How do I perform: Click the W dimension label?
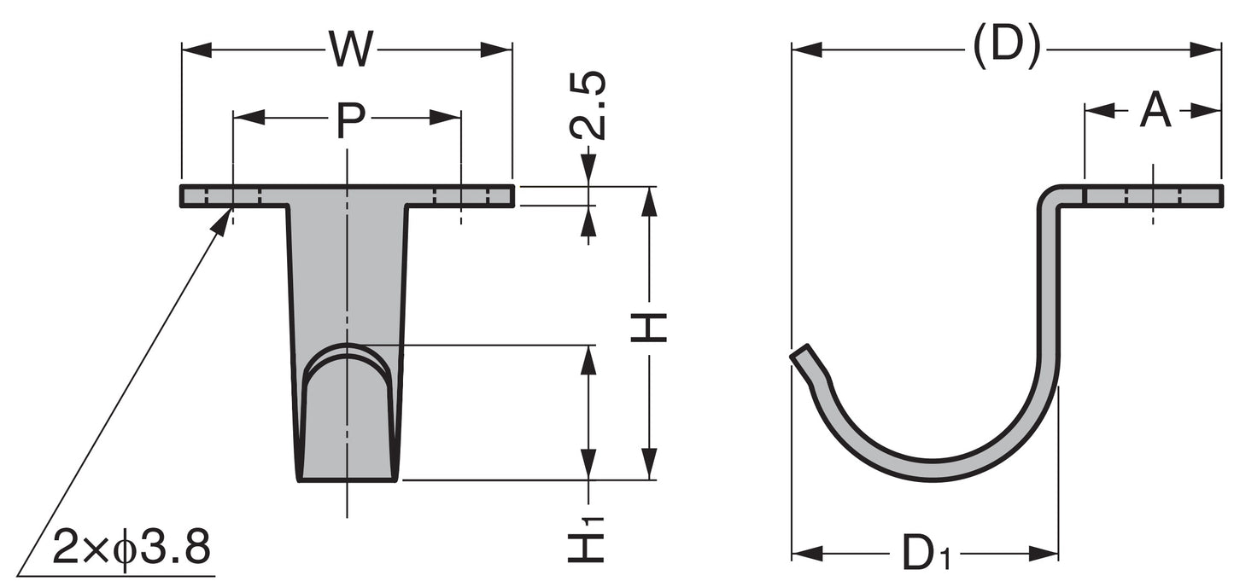pos(351,49)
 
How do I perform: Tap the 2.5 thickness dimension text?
pos(588,105)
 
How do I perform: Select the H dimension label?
pos(649,328)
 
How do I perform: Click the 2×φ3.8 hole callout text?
pos(131,548)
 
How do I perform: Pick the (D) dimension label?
pos(1007,46)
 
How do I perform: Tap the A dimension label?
pos(1155,111)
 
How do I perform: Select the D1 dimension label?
pos(926,555)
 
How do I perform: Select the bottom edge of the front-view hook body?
pos(347,479)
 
